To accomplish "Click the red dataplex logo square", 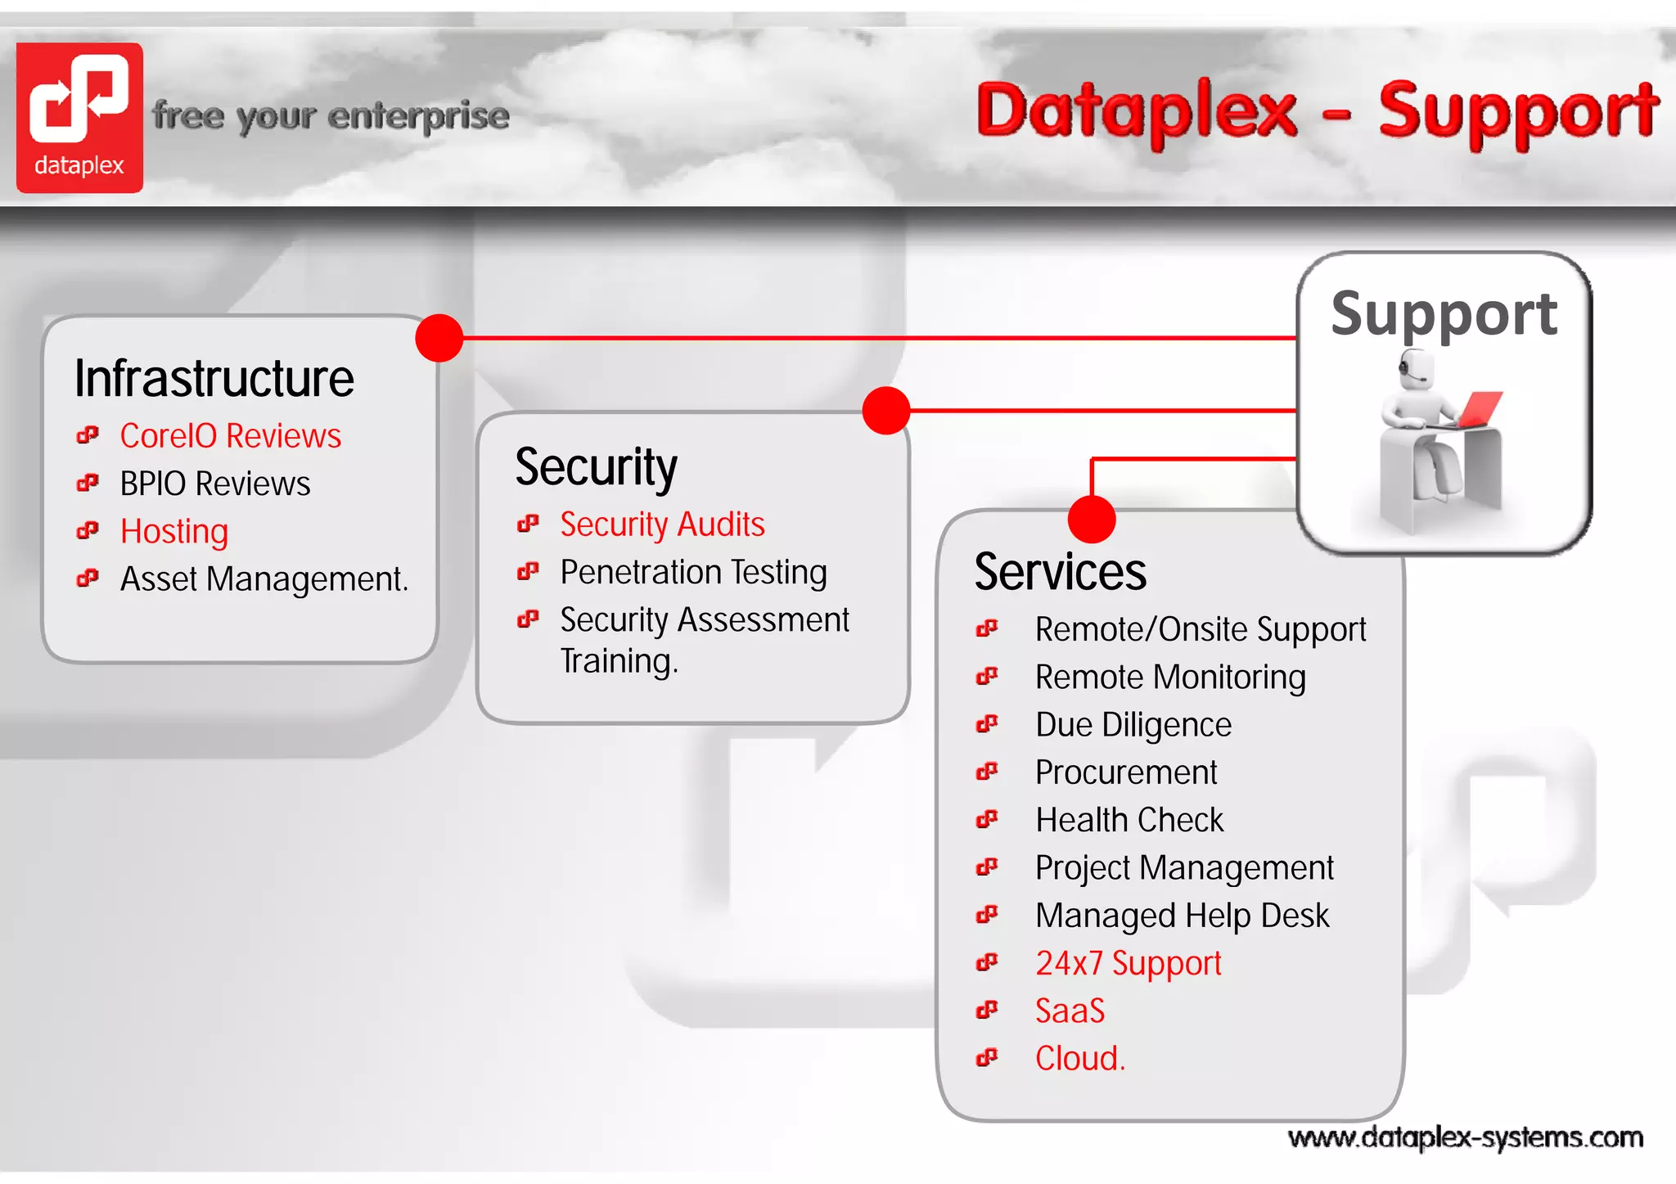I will (79, 117).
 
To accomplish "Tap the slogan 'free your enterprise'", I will (331, 116).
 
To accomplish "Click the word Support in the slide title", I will (1517, 113).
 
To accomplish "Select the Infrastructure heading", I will (214, 379).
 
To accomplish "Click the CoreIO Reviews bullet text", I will (230, 436).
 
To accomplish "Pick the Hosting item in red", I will (173, 532).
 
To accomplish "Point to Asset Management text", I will (264, 579).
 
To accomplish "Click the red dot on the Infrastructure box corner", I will (439, 338).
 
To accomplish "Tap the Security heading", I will (596, 467).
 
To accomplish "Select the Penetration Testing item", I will (693, 572).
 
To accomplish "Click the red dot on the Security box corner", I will (886, 411).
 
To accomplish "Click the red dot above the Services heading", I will (1092, 519).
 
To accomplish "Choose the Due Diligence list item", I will (1133, 725).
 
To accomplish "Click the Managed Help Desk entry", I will (1182, 916).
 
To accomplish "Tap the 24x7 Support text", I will (1128, 963).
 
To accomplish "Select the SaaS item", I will (1070, 1011).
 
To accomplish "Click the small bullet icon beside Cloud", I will (987, 1058).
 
